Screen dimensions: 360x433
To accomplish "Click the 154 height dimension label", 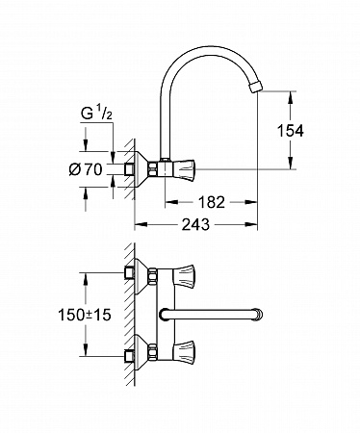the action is pos(291,131).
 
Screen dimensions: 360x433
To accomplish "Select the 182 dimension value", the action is pos(212,202).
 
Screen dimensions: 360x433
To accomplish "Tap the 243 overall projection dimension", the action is pos(195,224).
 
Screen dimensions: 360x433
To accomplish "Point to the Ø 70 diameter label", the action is pos(86,169).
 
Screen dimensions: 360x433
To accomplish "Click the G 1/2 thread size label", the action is pos(96,115).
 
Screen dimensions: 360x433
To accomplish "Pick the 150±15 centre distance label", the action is pos(85,315).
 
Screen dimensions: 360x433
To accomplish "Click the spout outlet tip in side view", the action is pos(256,86).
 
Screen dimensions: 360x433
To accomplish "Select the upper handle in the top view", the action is pos(184,275).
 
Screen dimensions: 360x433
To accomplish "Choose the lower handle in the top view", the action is pos(184,352).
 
